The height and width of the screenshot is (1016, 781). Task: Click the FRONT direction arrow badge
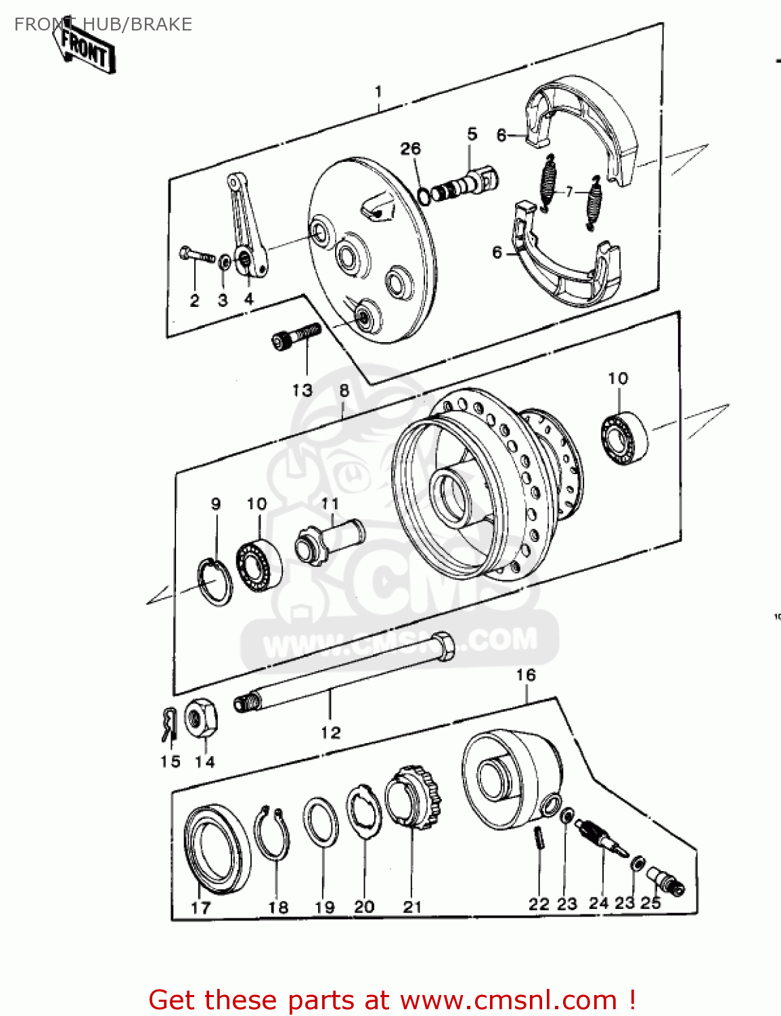click(85, 49)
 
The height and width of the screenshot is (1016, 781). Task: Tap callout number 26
click(410, 148)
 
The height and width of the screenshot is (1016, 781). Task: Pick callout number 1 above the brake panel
click(378, 91)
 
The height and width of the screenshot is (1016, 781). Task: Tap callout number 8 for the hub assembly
click(344, 390)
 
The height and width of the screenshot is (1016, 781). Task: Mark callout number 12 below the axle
click(330, 732)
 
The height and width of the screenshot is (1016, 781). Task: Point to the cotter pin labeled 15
click(169, 724)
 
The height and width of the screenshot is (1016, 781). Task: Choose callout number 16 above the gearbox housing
click(525, 675)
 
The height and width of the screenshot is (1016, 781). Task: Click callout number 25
click(650, 902)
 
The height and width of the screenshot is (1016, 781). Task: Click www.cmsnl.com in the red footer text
click(508, 1000)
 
